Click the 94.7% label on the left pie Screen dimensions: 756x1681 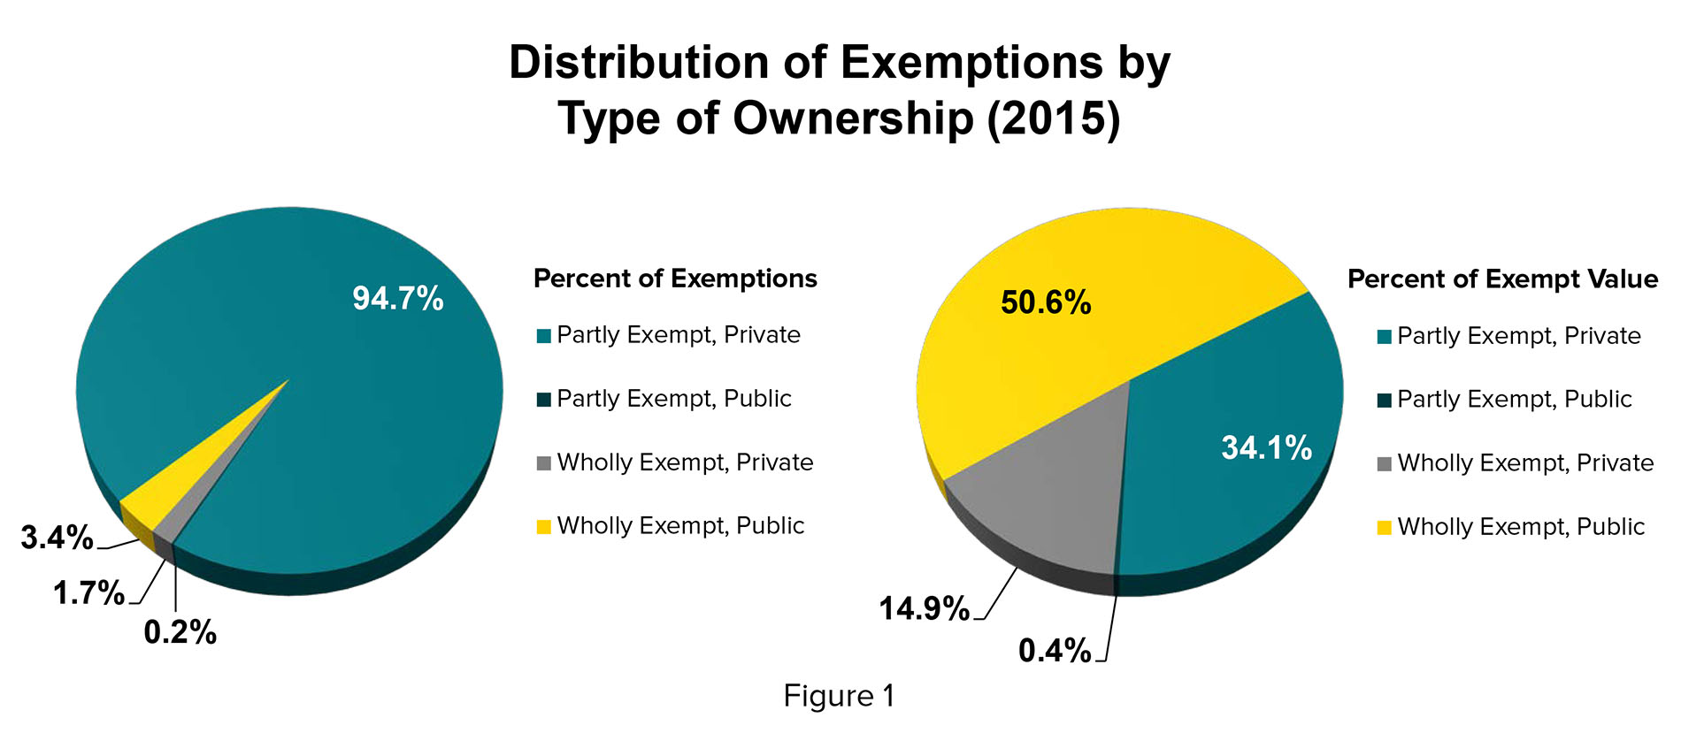tap(397, 299)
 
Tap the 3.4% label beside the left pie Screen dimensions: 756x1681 tap(57, 538)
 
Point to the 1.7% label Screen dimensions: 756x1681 tap(88, 592)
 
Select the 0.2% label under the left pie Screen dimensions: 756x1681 tap(180, 632)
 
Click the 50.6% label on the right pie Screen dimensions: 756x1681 tap(1046, 303)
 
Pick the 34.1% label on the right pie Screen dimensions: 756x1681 tap(1266, 447)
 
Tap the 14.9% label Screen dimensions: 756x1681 tap(924, 608)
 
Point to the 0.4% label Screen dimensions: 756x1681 tap(1055, 651)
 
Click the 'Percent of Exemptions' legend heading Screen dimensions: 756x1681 tap(675, 279)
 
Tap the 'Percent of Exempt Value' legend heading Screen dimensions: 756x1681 tap(1502, 279)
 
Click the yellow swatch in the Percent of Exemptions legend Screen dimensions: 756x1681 tap(544, 527)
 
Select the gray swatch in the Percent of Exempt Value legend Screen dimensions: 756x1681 tap(1385, 464)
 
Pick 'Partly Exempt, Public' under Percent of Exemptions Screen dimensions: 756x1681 tap(673, 399)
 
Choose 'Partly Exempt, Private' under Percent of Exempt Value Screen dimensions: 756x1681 tap(1518, 336)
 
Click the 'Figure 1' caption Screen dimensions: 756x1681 tap(839, 696)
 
